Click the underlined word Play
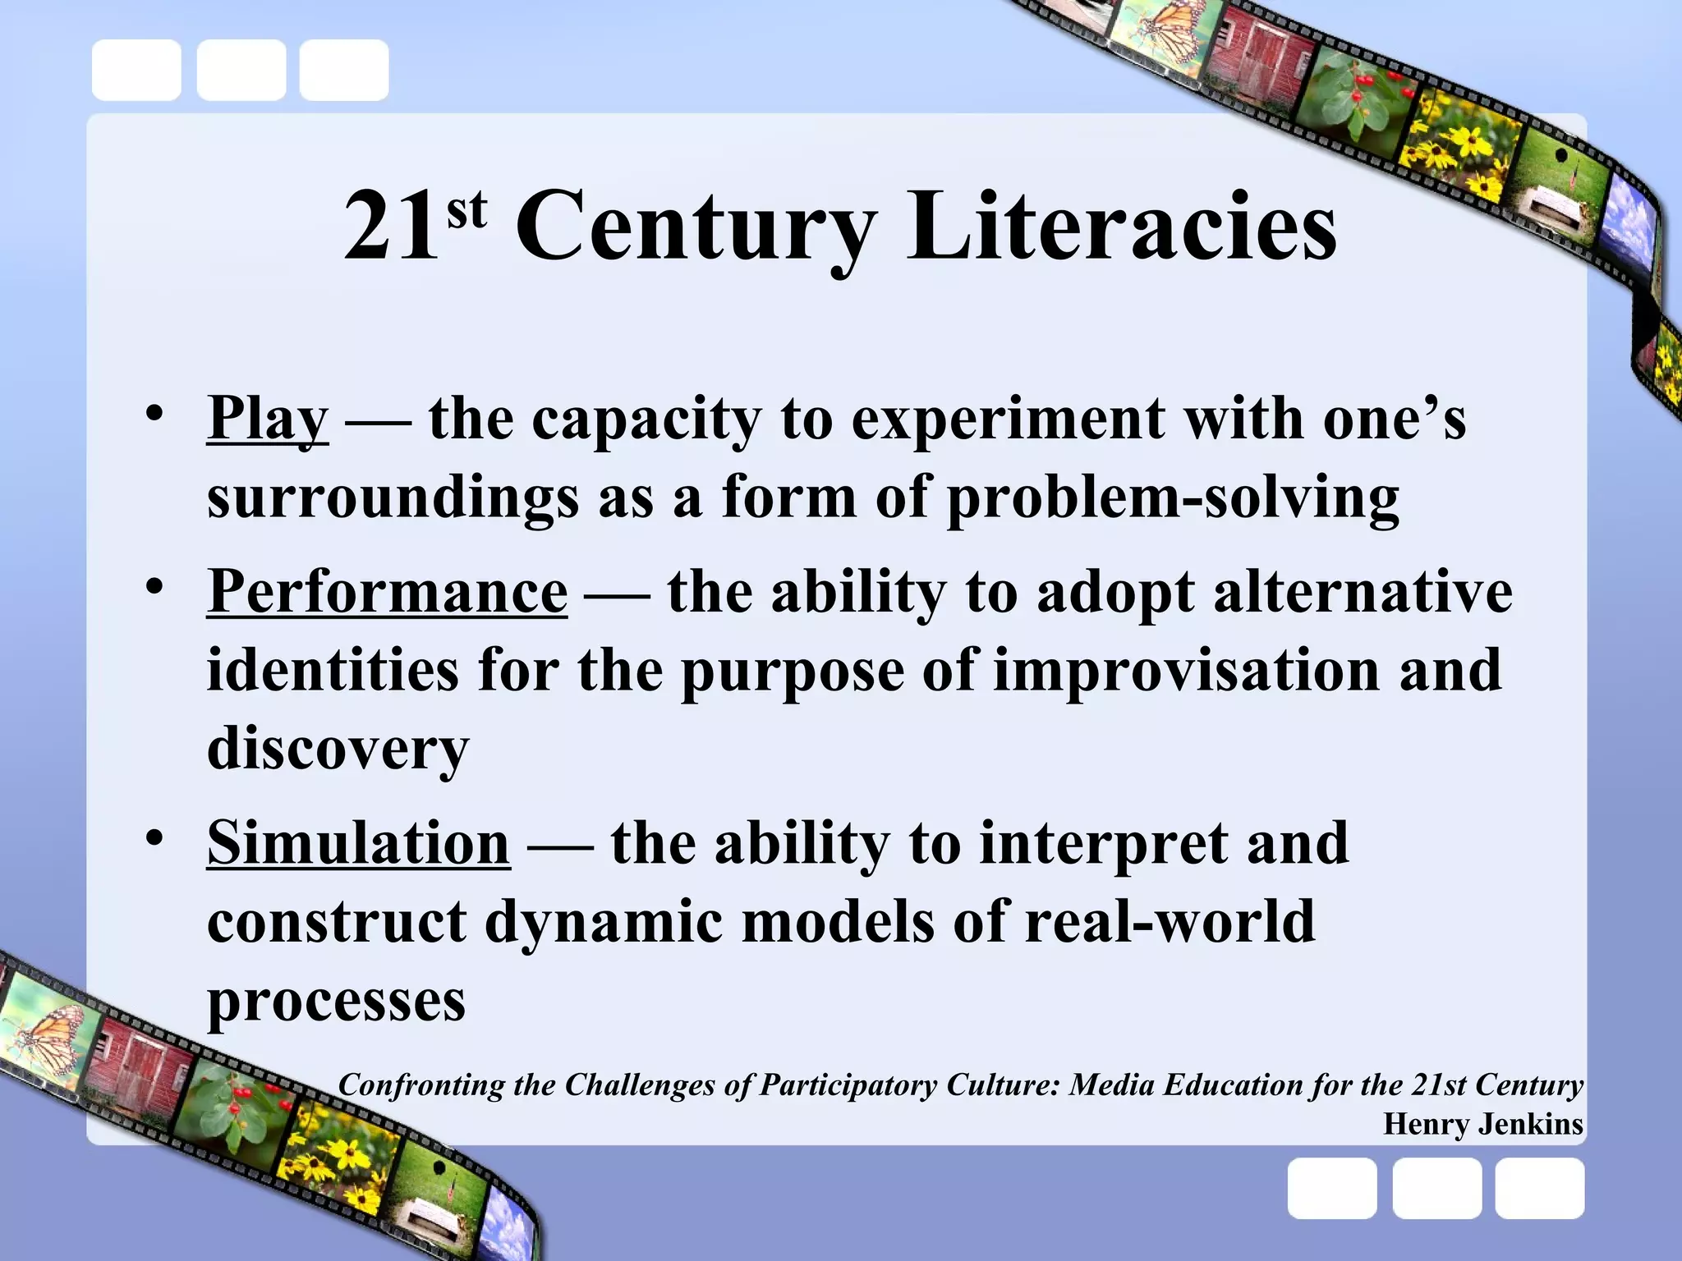tap(268, 420)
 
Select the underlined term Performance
tap(387, 590)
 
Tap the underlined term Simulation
tap(358, 843)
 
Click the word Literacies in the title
tap(1121, 226)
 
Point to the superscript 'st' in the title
tap(466, 211)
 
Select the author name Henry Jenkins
tap(1482, 1123)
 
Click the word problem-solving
tap(1173, 498)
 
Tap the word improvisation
tap(1186, 670)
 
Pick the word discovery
tap(338, 749)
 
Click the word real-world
tap(1170, 921)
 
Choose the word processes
tap(336, 1001)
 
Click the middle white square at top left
tap(241, 70)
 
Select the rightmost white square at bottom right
tap(1538, 1188)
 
